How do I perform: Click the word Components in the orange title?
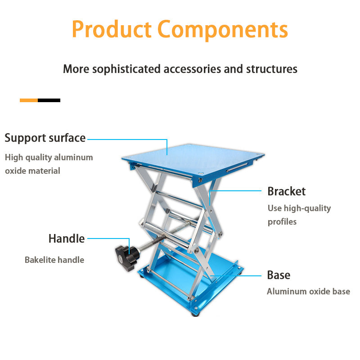223,30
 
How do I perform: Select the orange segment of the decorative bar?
29,100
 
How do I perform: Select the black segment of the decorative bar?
49,100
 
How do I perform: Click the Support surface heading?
45,138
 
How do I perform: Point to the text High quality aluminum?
49,157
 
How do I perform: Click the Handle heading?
66,238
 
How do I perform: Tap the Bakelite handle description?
54,260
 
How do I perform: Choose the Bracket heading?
286,191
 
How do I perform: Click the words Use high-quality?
299,208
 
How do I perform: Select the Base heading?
279,275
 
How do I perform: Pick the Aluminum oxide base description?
308,292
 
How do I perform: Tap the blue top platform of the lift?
193,157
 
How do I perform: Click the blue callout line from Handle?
108,239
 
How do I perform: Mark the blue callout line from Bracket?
236,191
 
